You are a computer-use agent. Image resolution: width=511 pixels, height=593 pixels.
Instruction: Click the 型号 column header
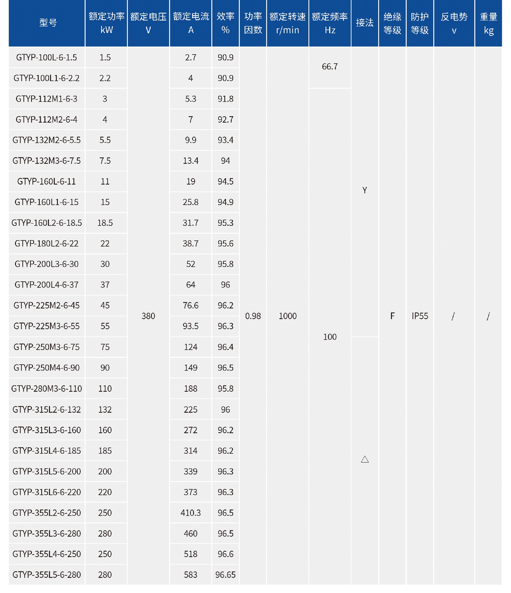point(48,23)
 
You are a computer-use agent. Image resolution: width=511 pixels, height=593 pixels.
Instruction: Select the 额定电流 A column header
point(191,23)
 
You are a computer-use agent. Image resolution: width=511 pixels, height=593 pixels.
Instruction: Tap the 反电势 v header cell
point(454,23)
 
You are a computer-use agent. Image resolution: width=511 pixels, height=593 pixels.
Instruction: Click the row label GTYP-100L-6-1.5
point(46,57)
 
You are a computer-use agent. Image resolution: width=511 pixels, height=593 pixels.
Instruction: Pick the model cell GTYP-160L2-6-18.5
point(46,223)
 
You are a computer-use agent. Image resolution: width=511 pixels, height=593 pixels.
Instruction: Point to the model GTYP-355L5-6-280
point(46,574)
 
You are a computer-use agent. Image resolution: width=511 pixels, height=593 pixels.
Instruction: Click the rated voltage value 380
point(148,316)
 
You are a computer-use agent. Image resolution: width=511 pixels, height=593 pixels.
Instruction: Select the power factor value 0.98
point(253,316)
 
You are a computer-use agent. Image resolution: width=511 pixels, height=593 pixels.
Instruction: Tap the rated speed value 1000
point(288,316)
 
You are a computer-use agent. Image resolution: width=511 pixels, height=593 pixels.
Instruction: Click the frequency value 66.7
point(330,67)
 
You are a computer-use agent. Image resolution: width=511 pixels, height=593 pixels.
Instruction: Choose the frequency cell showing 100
point(330,337)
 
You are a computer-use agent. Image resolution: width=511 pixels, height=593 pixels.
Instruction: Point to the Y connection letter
point(365,190)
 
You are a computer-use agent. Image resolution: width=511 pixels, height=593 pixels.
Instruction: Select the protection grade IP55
point(420,316)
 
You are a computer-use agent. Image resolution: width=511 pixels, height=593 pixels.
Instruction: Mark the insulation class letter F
point(392,316)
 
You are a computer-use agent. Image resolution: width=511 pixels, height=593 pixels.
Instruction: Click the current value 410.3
point(191,513)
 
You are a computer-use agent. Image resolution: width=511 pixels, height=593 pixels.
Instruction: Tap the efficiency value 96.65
point(225,575)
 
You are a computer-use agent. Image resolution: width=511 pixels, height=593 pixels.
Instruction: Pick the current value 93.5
point(191,326)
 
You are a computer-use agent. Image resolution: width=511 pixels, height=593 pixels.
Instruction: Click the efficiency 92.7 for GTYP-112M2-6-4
point(225,119)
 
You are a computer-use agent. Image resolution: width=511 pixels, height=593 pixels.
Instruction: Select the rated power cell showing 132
point(105,410)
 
